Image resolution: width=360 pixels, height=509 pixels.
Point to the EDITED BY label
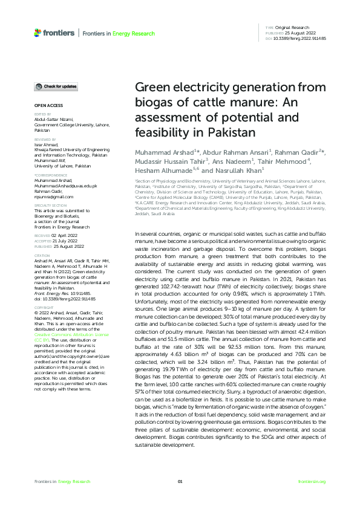point(42,114)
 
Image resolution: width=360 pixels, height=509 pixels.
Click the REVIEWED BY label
point(44,138)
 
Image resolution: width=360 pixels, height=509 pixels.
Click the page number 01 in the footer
point(180,481)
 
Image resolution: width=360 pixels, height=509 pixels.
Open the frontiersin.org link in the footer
point(312,481)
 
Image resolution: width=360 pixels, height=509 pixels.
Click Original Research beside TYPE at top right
point(292,27)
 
